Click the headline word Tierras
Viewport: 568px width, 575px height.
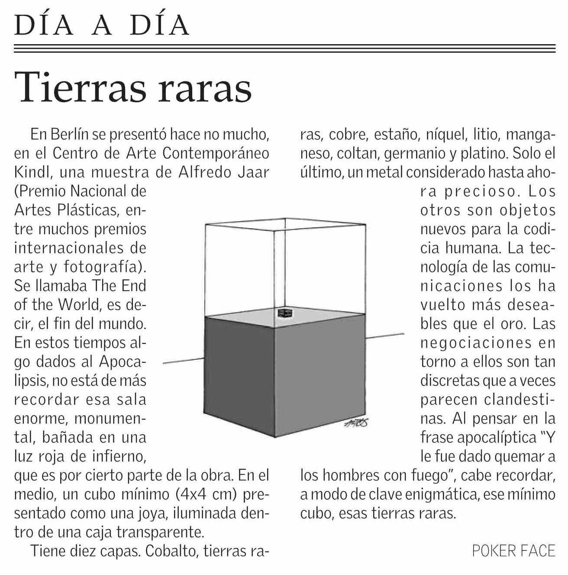coord(81,87)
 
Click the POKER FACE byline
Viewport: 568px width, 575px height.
coord(513,551)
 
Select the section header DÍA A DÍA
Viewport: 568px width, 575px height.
coord(102,25)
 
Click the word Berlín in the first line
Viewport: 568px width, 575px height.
coord(70,135)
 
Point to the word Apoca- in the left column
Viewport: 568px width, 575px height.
coord(123,362)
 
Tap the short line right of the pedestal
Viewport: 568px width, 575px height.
coord(385,335)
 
